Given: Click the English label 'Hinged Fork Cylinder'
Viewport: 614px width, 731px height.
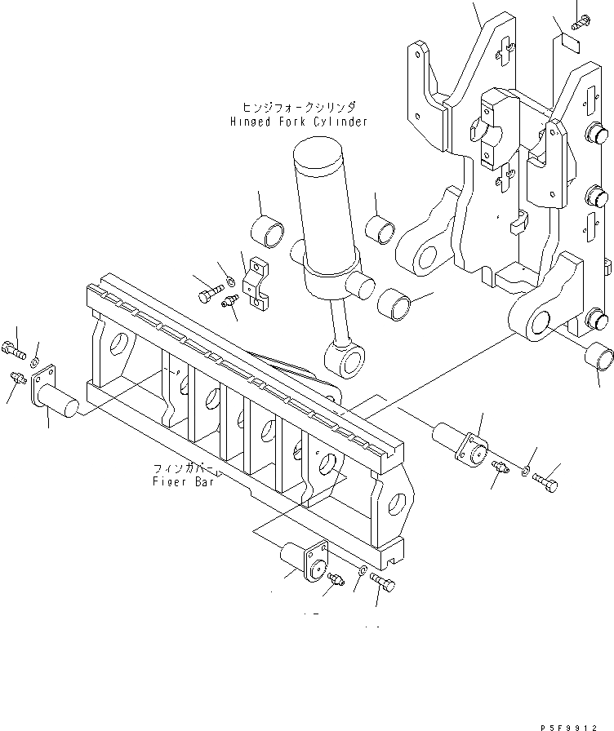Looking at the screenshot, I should [298, 122].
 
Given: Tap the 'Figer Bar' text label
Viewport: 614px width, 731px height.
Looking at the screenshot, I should [183, 481].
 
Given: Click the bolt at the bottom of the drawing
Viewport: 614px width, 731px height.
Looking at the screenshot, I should [382, 583].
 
